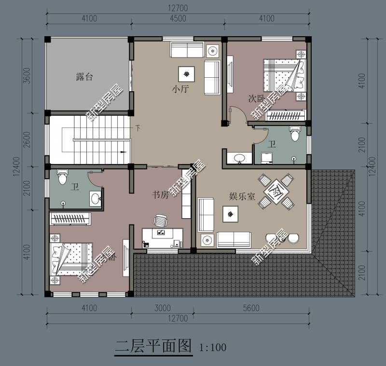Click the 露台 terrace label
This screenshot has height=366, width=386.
[84, 77]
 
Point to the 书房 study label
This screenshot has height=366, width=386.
[160, 195]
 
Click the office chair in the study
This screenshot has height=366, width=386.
[160, 221]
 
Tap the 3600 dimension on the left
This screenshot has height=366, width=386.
[27, 75]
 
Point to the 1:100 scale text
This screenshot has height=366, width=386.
[212, 347]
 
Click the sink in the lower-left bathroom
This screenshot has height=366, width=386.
[95, 198]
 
